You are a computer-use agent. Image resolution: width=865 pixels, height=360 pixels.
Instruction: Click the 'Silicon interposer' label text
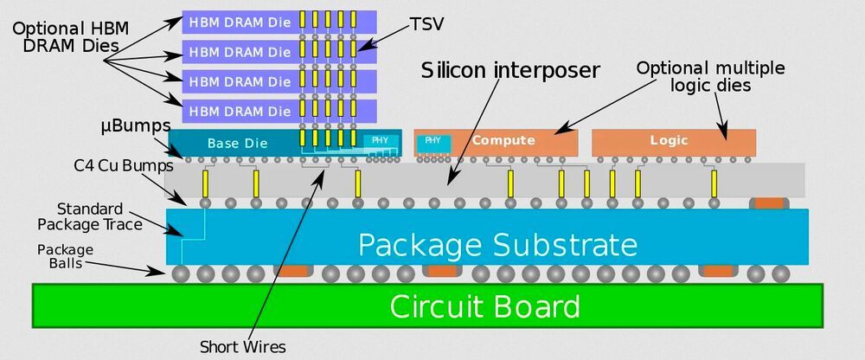tap(510, 70)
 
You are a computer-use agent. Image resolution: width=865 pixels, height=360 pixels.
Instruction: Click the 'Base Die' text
tap(238, 142)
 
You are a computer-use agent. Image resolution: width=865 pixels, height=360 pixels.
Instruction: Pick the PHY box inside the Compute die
tap(432, 141)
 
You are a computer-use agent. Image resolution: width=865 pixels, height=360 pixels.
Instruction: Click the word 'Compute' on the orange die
tap(503, 140)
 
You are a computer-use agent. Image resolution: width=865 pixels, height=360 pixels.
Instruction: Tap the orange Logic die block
tap(673, 141)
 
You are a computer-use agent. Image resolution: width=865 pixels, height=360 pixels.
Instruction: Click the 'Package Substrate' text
tap(497, 244)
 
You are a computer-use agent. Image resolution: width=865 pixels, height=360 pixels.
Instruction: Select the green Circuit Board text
tap(484, 306)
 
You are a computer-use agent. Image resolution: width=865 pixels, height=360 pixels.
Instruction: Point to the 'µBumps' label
tap(135, 126)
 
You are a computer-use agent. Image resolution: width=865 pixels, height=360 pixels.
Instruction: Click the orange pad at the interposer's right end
tap(768, 203)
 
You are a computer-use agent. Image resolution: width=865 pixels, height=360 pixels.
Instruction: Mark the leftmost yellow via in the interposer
tap(205, 183)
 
